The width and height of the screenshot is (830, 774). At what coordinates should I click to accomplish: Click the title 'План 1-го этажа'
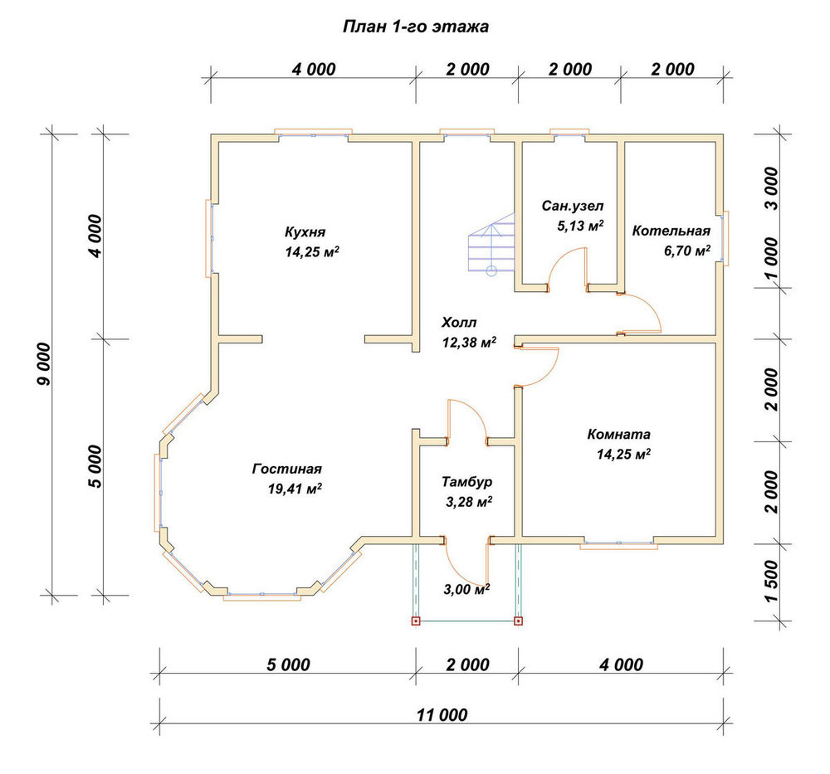pos(416,27)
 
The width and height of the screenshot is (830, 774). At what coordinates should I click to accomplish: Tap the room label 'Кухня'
pos(305,232)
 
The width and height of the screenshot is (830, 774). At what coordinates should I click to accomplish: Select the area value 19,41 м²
pos(295,489)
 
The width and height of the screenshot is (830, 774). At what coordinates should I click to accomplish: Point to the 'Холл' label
pos(459,322)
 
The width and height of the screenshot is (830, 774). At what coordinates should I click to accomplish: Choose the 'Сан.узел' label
pos(572,206)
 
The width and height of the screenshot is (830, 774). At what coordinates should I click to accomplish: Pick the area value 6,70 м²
pos(687,251)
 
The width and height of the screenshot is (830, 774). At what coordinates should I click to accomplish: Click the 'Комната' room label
pos(619,435)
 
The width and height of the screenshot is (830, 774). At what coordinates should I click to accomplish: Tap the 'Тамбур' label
pos(466,482)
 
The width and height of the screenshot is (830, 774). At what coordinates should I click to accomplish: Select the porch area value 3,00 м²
pos(466,589)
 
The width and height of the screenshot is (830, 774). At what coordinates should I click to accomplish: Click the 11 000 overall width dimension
pos(442,715)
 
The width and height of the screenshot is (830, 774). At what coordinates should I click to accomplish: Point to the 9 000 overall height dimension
pos(45,364)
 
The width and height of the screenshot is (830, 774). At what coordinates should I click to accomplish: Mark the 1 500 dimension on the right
pos(772,582)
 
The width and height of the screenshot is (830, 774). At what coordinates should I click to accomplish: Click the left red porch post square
pos(416,621)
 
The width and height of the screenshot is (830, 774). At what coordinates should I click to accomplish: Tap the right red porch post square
pos(518,621)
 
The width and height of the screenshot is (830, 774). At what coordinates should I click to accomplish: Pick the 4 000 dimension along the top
pos(314,70)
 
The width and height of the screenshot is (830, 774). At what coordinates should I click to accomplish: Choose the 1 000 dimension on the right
pos(772,259)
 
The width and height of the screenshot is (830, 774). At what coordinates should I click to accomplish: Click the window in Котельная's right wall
pos(724,237)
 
